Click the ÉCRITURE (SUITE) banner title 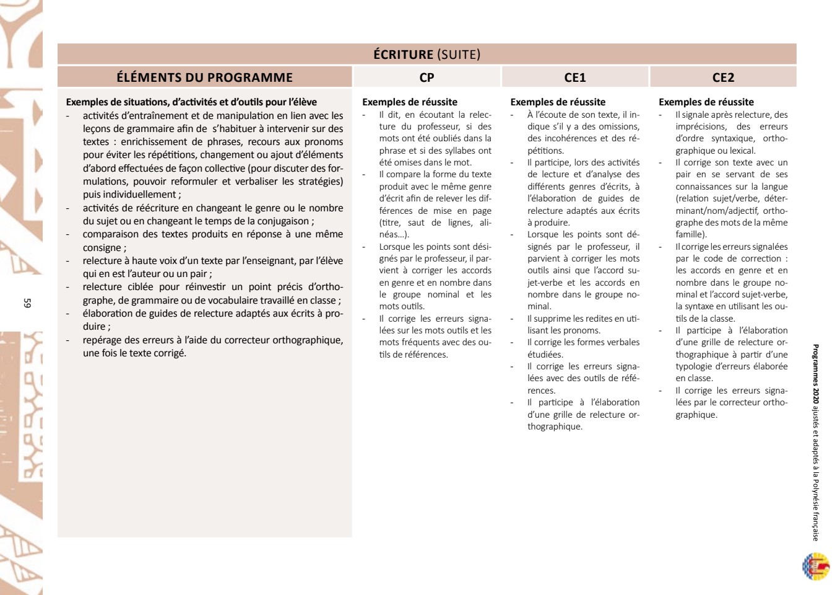426,55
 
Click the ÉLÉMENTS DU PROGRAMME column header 204,77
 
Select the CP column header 426,77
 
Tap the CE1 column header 574,77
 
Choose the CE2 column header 723,77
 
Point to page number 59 27,303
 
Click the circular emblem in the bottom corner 815,566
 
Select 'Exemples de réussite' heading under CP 410,102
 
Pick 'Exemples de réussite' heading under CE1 558,102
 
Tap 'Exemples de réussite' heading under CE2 706,102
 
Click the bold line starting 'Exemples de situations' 191,102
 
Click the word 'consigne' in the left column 102,248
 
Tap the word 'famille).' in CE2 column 691,234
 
